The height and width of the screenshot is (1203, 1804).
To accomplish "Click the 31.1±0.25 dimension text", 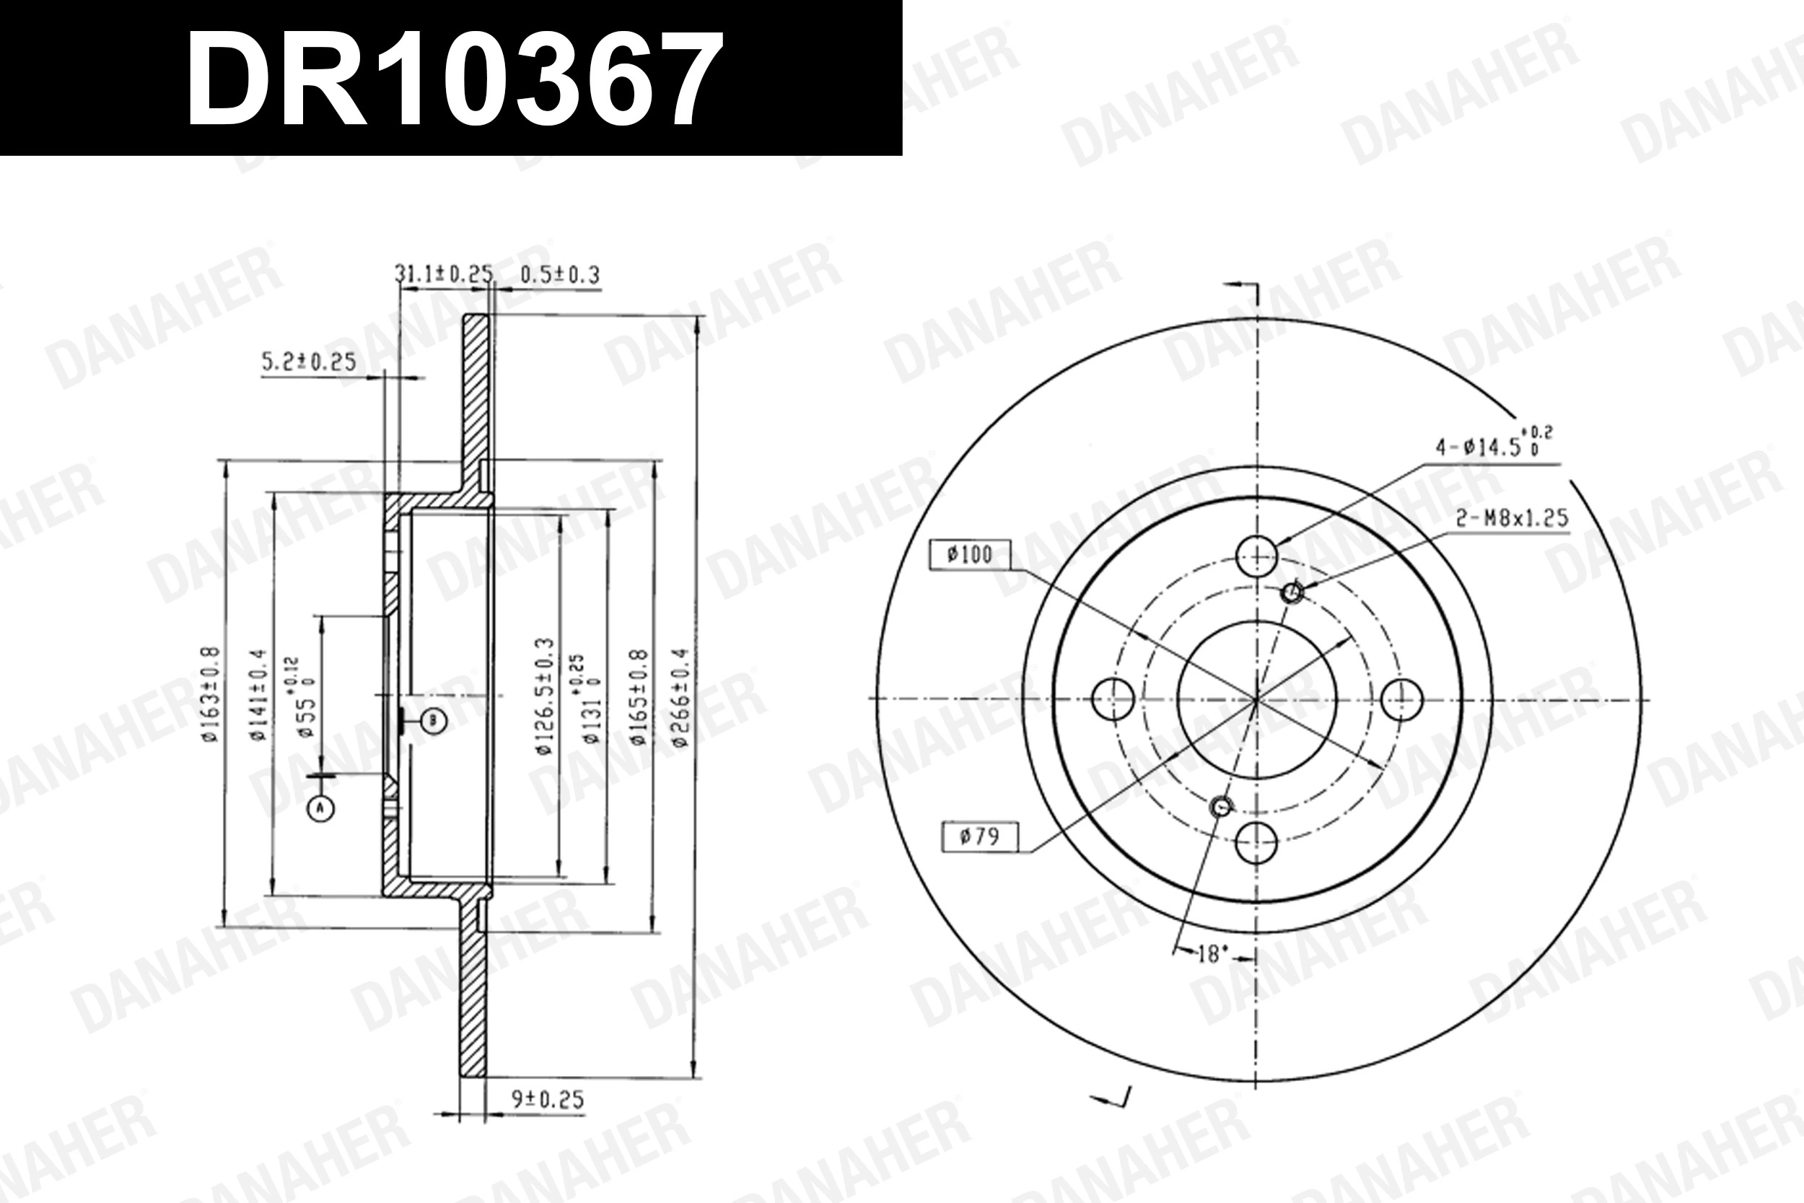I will [442, 274].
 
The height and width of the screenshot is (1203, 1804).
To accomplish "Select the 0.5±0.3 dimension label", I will [559, 275].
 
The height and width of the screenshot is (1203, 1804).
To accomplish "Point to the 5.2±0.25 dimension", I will [309, 362].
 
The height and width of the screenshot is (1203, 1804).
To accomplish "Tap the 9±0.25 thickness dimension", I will [548, 1099].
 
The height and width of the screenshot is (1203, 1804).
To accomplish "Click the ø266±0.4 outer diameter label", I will [681, 696].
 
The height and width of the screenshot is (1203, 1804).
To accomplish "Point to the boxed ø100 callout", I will [970, 555].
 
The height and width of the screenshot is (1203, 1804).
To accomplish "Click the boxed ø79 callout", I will [979, 836].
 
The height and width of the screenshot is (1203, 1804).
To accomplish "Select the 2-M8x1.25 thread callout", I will [1512, 519].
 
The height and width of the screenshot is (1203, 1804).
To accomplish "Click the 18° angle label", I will [1212, 955].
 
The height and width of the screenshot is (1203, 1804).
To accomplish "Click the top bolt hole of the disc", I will [1257, 556].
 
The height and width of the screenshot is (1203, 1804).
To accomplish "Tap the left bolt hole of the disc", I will [1112, 698].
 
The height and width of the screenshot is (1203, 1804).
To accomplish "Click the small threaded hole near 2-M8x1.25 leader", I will [1292, 592].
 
